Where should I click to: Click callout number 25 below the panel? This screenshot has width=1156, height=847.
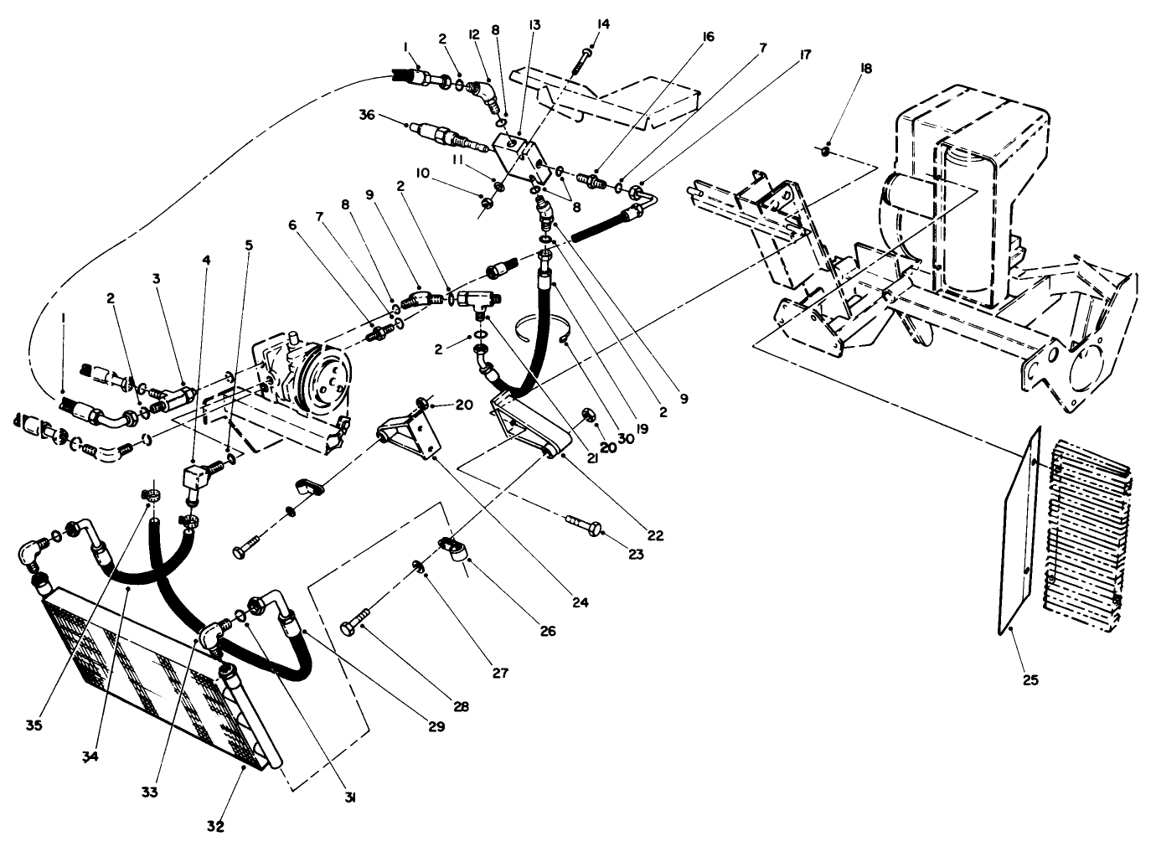click(1030, 680)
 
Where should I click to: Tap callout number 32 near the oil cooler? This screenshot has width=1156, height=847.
click(216, 826)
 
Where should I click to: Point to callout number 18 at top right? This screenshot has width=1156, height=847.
click(866, 69)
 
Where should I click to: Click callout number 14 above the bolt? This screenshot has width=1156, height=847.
click(604, 24)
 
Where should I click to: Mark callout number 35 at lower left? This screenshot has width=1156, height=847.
click(33, 724)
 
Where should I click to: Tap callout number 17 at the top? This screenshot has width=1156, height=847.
click(805, 54)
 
